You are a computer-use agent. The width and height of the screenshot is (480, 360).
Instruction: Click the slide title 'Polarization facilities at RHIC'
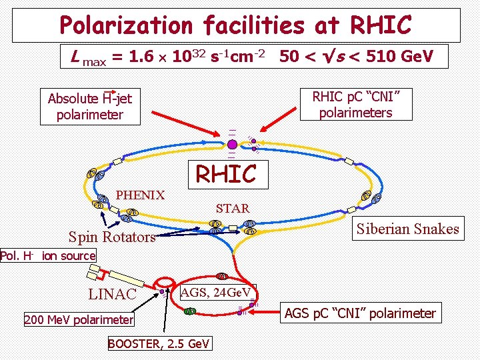point(235,25)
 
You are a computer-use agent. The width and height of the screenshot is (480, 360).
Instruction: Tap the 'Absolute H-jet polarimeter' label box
point(90,107)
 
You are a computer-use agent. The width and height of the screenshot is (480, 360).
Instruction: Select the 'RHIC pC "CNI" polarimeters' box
point(355,104)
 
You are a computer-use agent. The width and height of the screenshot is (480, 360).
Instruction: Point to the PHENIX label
point(140,195)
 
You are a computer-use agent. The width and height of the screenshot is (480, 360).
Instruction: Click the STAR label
point(232,209)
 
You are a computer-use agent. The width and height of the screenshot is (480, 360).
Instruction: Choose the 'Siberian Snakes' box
point(407,229)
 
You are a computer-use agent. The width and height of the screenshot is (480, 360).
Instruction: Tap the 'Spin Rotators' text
point(112,237)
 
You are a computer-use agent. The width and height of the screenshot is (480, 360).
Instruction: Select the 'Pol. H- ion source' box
point(48,255)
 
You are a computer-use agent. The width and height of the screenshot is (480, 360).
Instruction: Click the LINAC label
point(113,294)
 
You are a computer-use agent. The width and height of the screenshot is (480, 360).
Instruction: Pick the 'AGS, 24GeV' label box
point(215,292)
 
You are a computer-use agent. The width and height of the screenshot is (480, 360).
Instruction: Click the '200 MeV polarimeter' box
point(79,320)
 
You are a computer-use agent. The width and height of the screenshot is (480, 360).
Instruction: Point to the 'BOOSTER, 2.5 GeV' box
point(159,343)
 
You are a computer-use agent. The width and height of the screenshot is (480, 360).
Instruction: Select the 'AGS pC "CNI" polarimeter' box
point(360,313)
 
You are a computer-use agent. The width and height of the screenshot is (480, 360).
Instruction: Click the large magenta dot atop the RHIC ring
point(231,144)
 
